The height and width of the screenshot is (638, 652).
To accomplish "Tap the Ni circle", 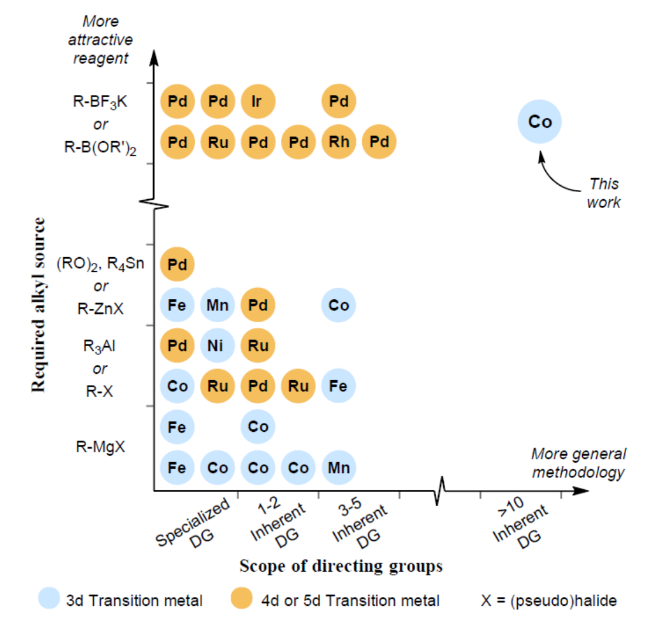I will pyautogui.click(x=217, y=346).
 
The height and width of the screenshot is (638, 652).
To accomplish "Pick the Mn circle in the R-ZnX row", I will pyautogui.click(x=217, y=305).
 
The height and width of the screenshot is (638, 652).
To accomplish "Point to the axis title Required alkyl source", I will pyautogui.click(x=39, y=305).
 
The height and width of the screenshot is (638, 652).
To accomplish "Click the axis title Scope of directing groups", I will pyautogui.click(x=340, y=566).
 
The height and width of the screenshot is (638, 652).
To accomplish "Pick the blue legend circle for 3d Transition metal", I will pyautogui.click(x=49, y=601).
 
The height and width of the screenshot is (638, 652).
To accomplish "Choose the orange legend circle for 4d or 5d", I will pyautogui.click(x=242, y=601).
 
